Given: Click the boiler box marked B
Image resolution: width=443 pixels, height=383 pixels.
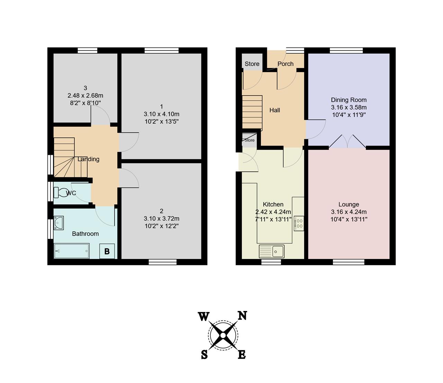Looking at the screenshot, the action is coord(107,251).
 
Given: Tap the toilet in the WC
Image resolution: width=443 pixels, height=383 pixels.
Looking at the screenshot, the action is coord(60,192).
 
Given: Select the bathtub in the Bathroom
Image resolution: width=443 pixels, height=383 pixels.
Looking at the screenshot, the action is coord(72,251).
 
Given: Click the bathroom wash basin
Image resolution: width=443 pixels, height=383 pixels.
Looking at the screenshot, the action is coord(58,223).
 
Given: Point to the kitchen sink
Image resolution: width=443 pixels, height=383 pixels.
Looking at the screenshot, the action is coord(272,251).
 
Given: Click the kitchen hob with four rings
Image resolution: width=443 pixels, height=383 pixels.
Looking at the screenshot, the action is coord(299,223).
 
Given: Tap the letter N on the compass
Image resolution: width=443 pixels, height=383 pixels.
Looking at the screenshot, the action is coord(242,316).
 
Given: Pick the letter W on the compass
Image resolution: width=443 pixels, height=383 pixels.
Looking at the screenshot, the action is coord(204,316).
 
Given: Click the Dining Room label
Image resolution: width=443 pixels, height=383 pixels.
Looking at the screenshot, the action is coord(349,100).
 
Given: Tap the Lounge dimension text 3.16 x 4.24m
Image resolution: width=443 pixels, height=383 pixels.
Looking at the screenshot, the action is coord(349,212).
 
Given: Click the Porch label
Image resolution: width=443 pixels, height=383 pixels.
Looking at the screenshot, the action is coord(286,64).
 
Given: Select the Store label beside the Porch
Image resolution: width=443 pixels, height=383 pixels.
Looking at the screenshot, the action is coord(252,64).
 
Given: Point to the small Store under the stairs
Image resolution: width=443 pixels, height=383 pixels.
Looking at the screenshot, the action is coord(250,140).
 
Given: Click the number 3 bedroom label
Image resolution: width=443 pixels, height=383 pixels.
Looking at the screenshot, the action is coord(85,88).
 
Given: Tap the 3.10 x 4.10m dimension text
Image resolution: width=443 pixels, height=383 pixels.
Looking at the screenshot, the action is coord(161,114).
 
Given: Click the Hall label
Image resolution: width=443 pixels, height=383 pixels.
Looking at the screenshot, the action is coord(274,110).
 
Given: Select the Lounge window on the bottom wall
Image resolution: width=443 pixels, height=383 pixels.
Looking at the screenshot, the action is coord(349,262).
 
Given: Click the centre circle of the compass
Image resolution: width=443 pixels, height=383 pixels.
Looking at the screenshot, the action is coord(223,335).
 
